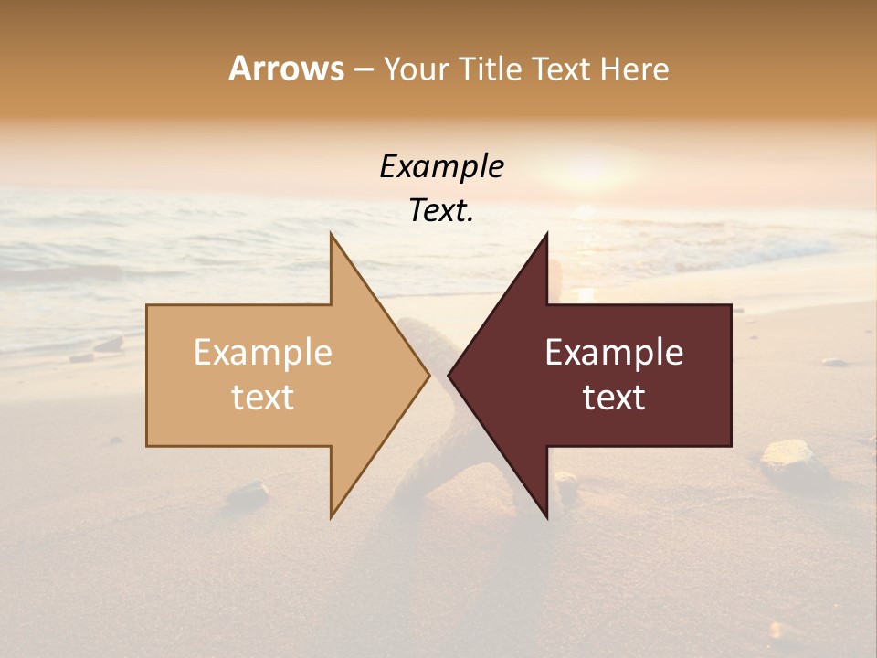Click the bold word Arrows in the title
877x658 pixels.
286,69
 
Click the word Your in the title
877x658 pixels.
413,69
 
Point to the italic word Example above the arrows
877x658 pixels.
441,167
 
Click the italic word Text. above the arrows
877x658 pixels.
441,211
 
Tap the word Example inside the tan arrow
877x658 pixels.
262,352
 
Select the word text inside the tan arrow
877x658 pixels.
262,397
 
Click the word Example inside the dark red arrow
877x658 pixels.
614,352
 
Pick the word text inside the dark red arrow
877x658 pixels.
614,397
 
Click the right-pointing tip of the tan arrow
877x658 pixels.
428,375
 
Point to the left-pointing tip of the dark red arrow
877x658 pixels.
449,375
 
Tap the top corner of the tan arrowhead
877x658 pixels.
332,235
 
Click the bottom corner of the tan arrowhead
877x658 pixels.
332,516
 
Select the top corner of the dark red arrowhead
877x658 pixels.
546,235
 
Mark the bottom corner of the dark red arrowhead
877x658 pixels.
546,516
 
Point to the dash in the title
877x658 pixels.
363,69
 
